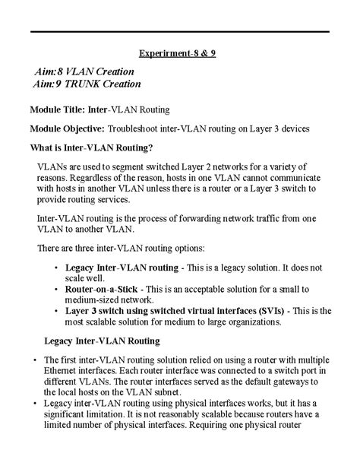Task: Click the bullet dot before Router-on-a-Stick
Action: [x=58, y=290]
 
